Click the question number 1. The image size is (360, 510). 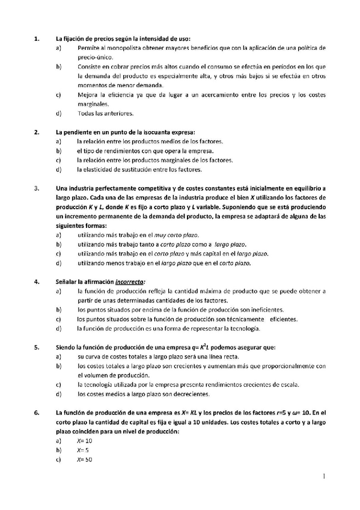(x=37, y=38)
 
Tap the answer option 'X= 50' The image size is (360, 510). (x=84, y=460)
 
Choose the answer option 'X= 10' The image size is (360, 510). (x=84, y=441)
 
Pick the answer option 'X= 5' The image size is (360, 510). (x=83, y=450)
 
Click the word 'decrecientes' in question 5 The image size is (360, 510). (x=192, y=394)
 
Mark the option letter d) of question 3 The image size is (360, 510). (x=58, y=263)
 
